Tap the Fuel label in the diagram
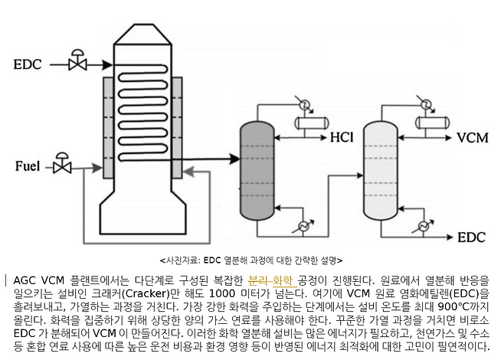29,165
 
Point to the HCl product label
342,139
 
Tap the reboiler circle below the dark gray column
304,226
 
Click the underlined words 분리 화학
271,280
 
